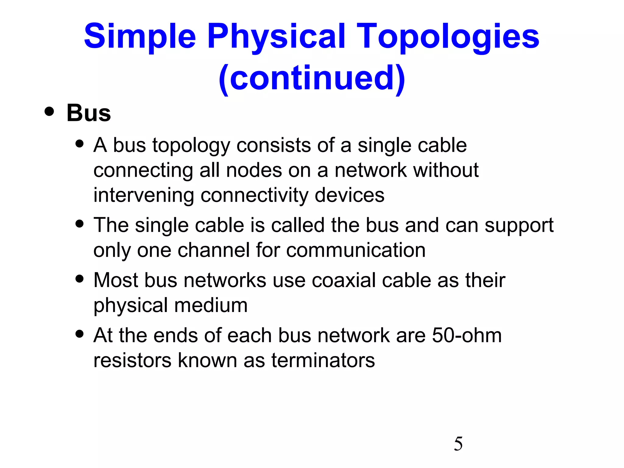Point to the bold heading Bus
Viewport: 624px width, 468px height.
click(89, 113)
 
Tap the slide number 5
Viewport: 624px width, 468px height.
click(458, 444)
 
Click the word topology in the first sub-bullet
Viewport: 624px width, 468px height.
click(191, 145)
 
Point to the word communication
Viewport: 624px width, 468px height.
click(356, 250)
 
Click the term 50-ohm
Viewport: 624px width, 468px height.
click(467, 336)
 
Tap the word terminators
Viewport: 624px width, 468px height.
click(323, 360)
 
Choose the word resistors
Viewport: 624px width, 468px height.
click(132, 360)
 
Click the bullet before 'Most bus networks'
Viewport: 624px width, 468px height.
click(80, 278)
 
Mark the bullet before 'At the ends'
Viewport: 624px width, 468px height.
click(80, 334)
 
